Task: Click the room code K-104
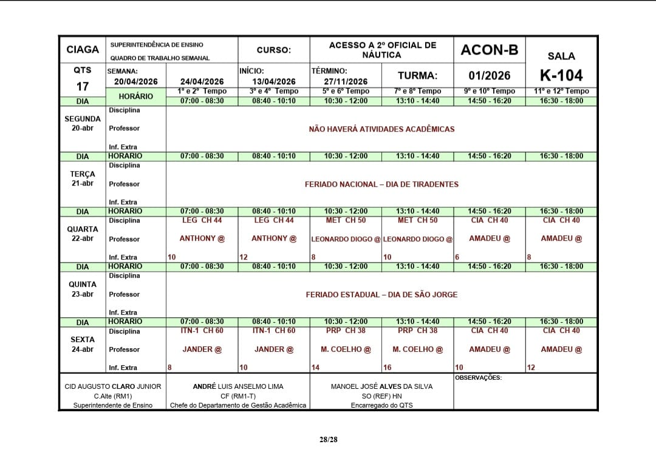561,75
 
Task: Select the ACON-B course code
489,50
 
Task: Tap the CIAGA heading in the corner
83,50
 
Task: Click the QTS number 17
83,86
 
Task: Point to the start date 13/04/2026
274,82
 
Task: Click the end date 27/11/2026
346,82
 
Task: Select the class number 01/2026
489,76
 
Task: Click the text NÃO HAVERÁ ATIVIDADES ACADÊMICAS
381,129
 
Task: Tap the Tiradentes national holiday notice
381,184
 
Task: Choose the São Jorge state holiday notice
381,294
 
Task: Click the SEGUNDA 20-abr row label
83,123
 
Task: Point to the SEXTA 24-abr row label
83,344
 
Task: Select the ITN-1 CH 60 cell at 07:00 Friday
202,331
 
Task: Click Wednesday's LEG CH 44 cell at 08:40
274,220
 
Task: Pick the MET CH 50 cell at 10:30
346,220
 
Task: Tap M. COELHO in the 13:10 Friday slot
417,349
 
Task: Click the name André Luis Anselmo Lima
238,386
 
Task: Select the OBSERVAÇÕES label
478,377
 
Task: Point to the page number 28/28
328,439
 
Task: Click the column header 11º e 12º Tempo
561,91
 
